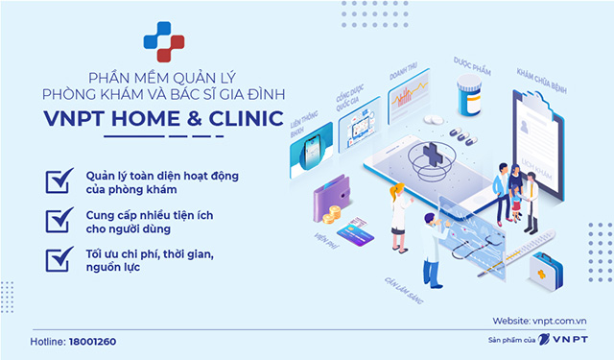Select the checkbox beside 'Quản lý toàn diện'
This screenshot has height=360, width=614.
coord(59,180)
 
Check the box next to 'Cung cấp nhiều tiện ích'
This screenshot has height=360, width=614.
coord(59,219)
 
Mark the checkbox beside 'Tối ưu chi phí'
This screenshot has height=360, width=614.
coord(59,258)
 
